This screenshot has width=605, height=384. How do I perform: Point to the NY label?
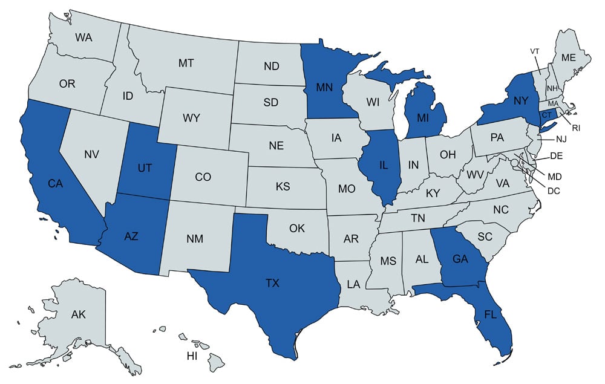tap(522, 100)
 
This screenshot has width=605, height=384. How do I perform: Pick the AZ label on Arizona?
tap(131, 236)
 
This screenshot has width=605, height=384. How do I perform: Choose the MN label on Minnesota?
tap(327, 87)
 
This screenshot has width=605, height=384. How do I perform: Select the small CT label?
tap(546, 115)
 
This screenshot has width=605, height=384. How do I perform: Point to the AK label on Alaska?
tap(78, 314)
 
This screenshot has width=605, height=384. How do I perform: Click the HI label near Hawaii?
tap(192, 356)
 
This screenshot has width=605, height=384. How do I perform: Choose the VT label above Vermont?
tap(535, 51)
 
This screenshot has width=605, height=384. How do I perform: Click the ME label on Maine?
tap(567, 57)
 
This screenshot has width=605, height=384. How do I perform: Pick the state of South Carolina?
tap(485, 236)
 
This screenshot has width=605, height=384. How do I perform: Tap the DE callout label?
tap(557, 156)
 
